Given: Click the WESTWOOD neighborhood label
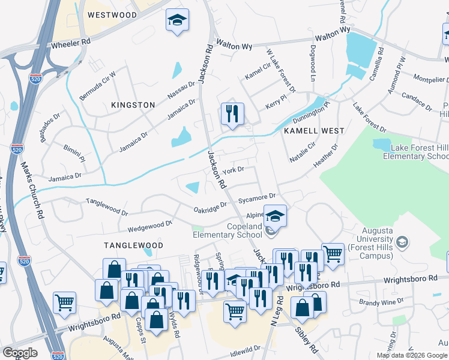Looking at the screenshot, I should (x=112, y=14).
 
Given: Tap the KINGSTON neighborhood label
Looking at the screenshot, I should (x=133, y=105).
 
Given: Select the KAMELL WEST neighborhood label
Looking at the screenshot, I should (x=314, y=130).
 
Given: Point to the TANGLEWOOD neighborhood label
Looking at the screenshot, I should (x=133, y=245).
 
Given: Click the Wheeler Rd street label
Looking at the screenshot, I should (x=70, y=43).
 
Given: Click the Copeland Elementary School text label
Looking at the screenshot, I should (x=228, y=230).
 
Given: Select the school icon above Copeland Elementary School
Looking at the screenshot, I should (x=275, y=216).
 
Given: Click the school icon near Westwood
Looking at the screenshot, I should (x=177, y=20).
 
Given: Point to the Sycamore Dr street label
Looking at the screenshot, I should (x=256, y=197).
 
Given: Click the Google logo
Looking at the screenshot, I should (x=20, y=353).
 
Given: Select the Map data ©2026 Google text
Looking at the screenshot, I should (x=412, y=355).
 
